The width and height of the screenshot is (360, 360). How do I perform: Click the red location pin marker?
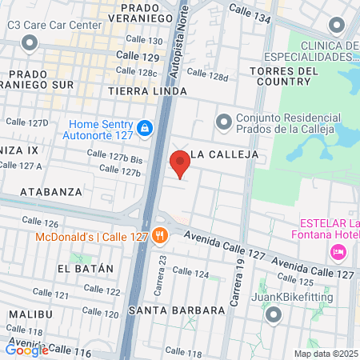click(181, 164)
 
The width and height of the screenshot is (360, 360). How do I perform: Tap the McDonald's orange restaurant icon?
click(160, 235)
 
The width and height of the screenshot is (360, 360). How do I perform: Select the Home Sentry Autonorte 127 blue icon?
click(144, 128)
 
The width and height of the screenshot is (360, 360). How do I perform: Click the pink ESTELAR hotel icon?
click(338, 252)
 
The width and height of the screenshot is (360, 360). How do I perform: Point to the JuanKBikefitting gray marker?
click(274, 315)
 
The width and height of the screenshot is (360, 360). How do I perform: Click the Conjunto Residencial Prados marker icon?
click(223, 122)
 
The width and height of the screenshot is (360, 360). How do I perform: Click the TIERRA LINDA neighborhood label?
click(147, 92)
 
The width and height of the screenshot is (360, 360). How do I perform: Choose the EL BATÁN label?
click(86, 269)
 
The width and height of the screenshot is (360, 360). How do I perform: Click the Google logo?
click(27, 349)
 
